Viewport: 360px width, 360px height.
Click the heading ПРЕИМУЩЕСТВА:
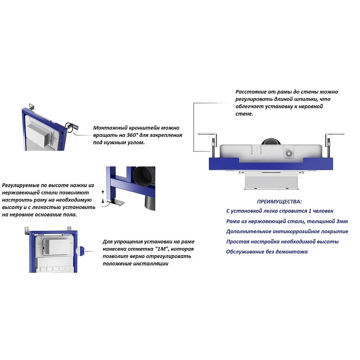click(x=279, y=202)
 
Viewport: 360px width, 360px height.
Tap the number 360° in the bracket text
click(x=132, y=135)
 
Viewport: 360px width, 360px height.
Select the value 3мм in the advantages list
click(x=342, y=221)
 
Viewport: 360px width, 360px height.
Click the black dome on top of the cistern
click(x=271, y=142)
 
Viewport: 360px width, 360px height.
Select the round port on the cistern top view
click(x=289, y=153)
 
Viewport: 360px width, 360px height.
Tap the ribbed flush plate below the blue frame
click(x=272, y=181)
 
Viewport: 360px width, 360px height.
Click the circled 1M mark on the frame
click(x=81, y=251)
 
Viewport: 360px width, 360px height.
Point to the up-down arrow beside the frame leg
click(x=103, y=197)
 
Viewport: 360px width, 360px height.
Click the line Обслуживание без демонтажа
click(x=267, y=252)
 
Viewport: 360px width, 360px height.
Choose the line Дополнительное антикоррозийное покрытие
click(x=287, y=231)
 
